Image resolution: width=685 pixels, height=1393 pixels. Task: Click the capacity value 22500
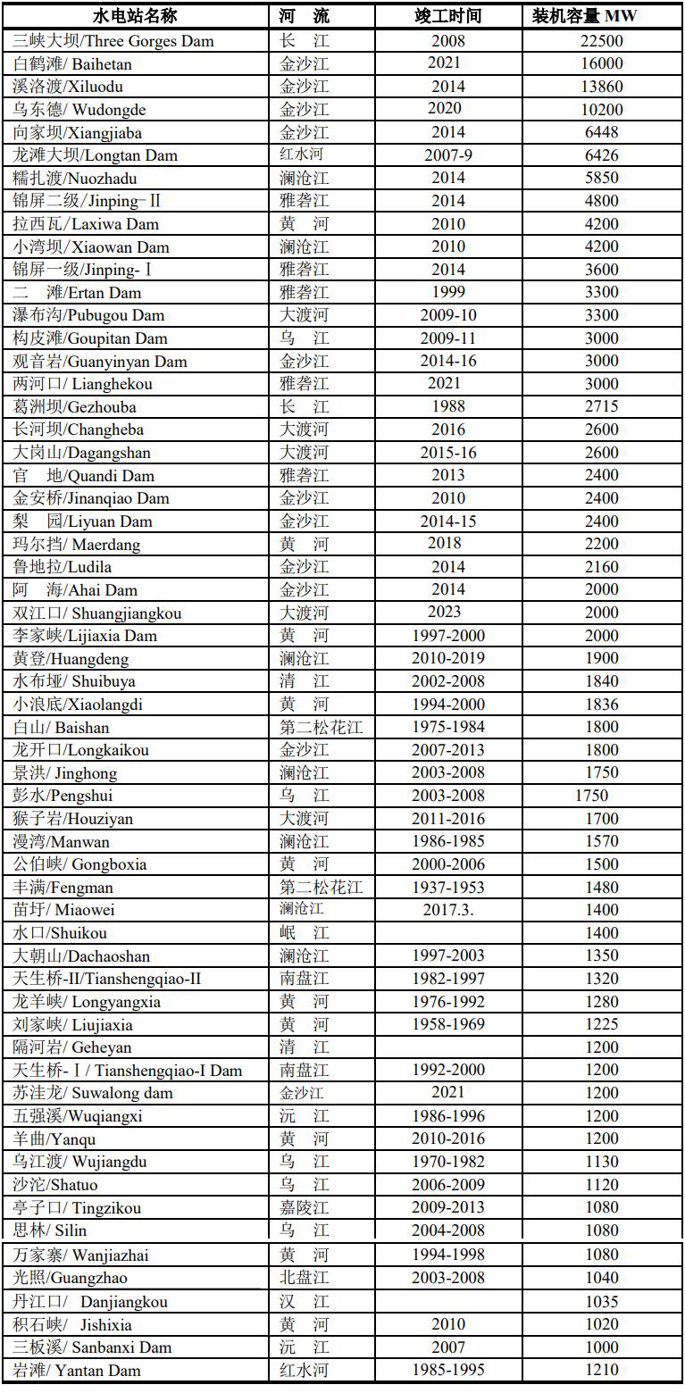click(602, 41)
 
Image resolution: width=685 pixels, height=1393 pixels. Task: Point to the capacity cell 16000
click(602, 63)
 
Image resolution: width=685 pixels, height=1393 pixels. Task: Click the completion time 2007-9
click(447, 155)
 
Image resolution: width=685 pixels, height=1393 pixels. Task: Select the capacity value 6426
click(602, 155)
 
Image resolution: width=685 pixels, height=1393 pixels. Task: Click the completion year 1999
click(447, 293)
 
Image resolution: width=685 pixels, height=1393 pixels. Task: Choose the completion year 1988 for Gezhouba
click(447, 407)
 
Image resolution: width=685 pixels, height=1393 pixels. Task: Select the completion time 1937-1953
click(447, 888)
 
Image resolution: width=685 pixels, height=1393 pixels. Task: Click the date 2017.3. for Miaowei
click(447, 910)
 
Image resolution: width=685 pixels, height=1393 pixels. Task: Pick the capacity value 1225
click(602, 1024)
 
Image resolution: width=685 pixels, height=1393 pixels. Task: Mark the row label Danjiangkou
click(90, 1302)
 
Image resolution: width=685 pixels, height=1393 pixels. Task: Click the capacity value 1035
click(602, 1302)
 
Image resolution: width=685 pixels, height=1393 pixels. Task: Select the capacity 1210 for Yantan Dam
click(602, 1371)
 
